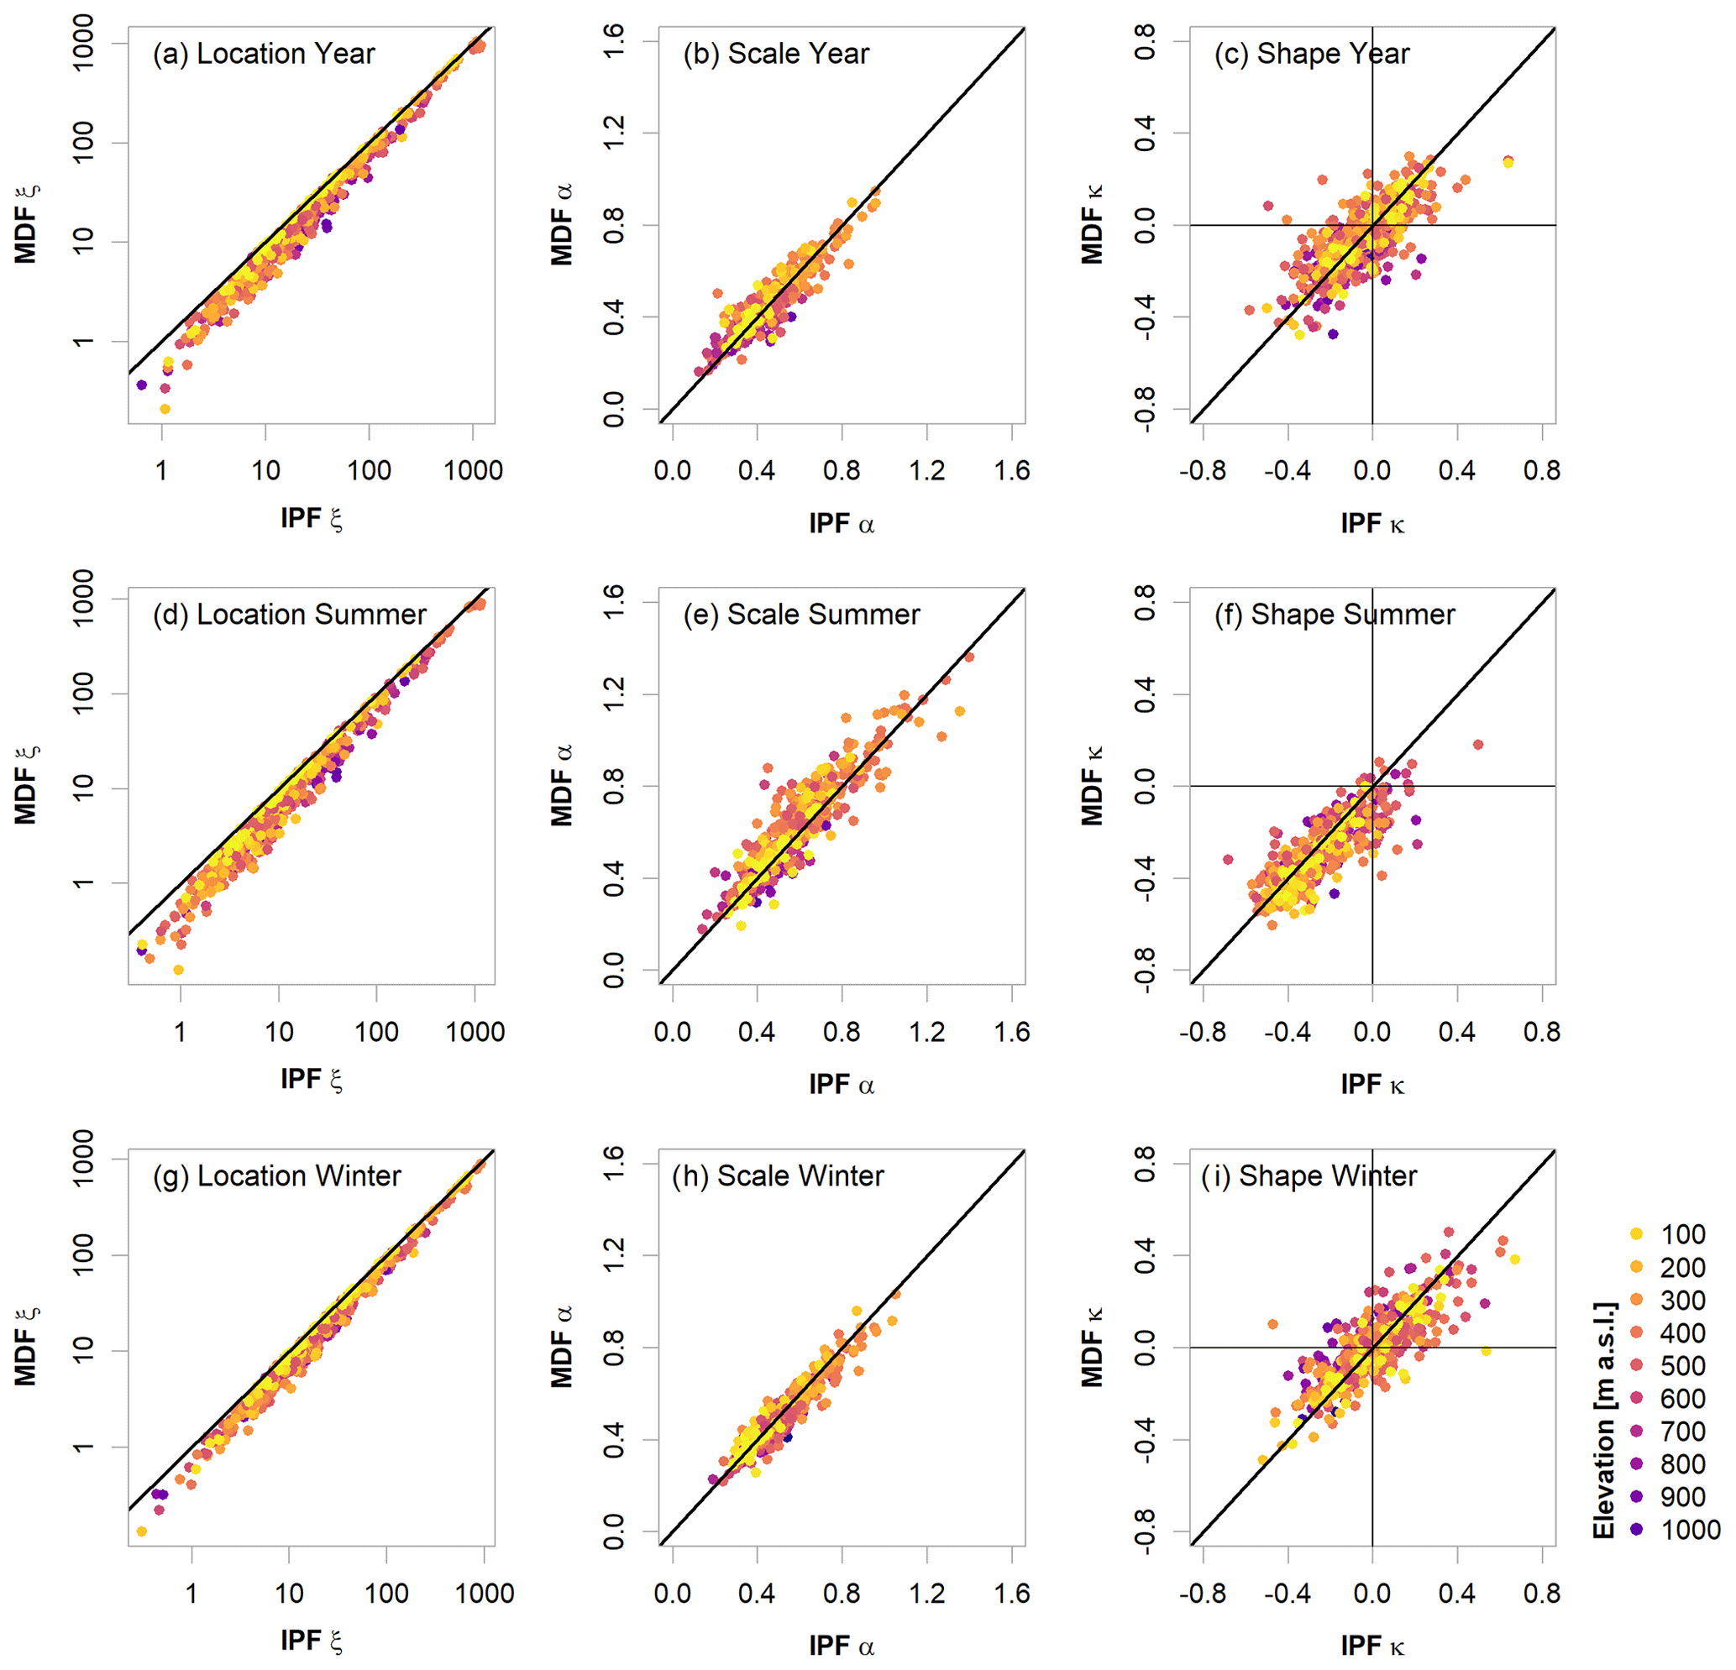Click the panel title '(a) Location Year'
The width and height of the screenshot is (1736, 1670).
click(x=263, y=54)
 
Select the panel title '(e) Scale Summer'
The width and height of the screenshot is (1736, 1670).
click(x=800, y=615)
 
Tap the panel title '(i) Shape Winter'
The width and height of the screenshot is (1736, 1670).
click(x=1309, y=1176)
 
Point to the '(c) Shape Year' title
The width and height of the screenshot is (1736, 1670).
click(x=1311, y=54)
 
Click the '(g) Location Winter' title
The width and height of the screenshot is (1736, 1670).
click(x=276, y=1176)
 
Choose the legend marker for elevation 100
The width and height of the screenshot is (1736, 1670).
click(x=1636, y=1233)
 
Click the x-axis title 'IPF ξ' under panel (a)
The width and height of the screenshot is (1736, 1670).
click(x=311, y=518)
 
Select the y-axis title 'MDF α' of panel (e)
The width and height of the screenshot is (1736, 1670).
click(x=562, y=784)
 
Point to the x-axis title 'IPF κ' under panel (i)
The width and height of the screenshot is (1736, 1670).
click(x=1372, y=1645)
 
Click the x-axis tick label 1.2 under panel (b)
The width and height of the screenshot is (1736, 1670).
click(x=926, y=470)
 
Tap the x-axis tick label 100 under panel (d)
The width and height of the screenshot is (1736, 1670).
click(x=376, y=1032)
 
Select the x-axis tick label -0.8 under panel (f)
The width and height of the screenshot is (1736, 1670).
click(x=1202, y=1032)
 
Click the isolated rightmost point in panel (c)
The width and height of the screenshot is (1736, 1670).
click(x=1508, y=162)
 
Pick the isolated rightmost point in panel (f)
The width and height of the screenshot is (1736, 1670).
click(x=1477, y=745)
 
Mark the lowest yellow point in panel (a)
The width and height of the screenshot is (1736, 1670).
click(x=165, y=409)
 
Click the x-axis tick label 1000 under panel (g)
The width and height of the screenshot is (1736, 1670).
click(x=485, y=1593)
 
